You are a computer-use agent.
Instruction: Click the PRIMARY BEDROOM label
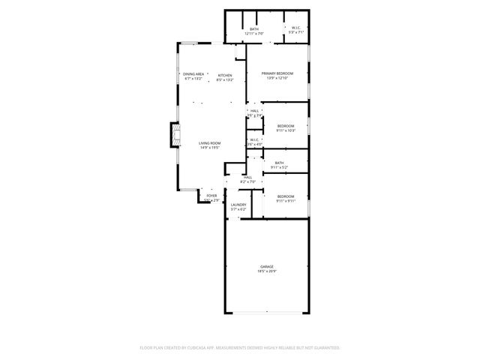tap(277, 73)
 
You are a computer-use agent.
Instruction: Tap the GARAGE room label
tap(267, 266)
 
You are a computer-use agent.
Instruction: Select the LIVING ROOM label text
tap(209, 143)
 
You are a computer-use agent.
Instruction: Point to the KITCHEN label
tap(225, 75)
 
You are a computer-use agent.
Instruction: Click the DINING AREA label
tap(193, 74)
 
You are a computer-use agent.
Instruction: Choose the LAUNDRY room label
tap(238, 205)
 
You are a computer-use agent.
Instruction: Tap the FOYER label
tap(212, 196)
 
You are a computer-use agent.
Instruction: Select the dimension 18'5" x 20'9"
tap(267, 271)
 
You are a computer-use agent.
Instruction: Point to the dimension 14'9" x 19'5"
tap(209, 148)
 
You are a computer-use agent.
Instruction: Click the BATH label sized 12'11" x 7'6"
tap(254, 29)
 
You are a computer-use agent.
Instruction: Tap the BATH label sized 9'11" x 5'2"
tap(279, 163)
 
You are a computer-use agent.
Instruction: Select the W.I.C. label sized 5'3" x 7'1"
tap(296, 29)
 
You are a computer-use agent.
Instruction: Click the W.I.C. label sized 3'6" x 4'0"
tap(254, 139)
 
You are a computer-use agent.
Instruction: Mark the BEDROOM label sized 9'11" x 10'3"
tap(285, 125)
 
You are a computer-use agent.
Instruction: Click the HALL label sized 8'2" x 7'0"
tap(247, 177)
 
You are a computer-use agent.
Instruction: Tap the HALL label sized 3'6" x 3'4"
tap(255, 111)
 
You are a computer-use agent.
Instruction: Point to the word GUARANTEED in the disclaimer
tap(326, 348)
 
